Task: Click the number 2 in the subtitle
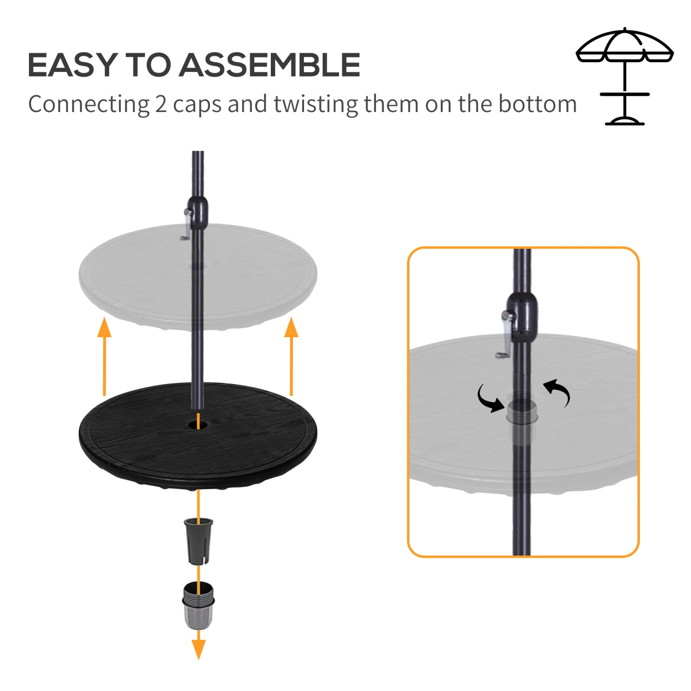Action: (161, 105)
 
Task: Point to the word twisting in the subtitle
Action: (316, 105)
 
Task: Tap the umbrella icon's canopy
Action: (625, 46)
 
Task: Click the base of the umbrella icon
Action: (625, 121)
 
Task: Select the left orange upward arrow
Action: (105, 355)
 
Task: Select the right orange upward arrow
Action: (291, 355)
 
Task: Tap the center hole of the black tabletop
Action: (198, 424)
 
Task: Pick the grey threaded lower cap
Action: (199, 605)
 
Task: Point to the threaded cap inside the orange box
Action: (522, 412)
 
